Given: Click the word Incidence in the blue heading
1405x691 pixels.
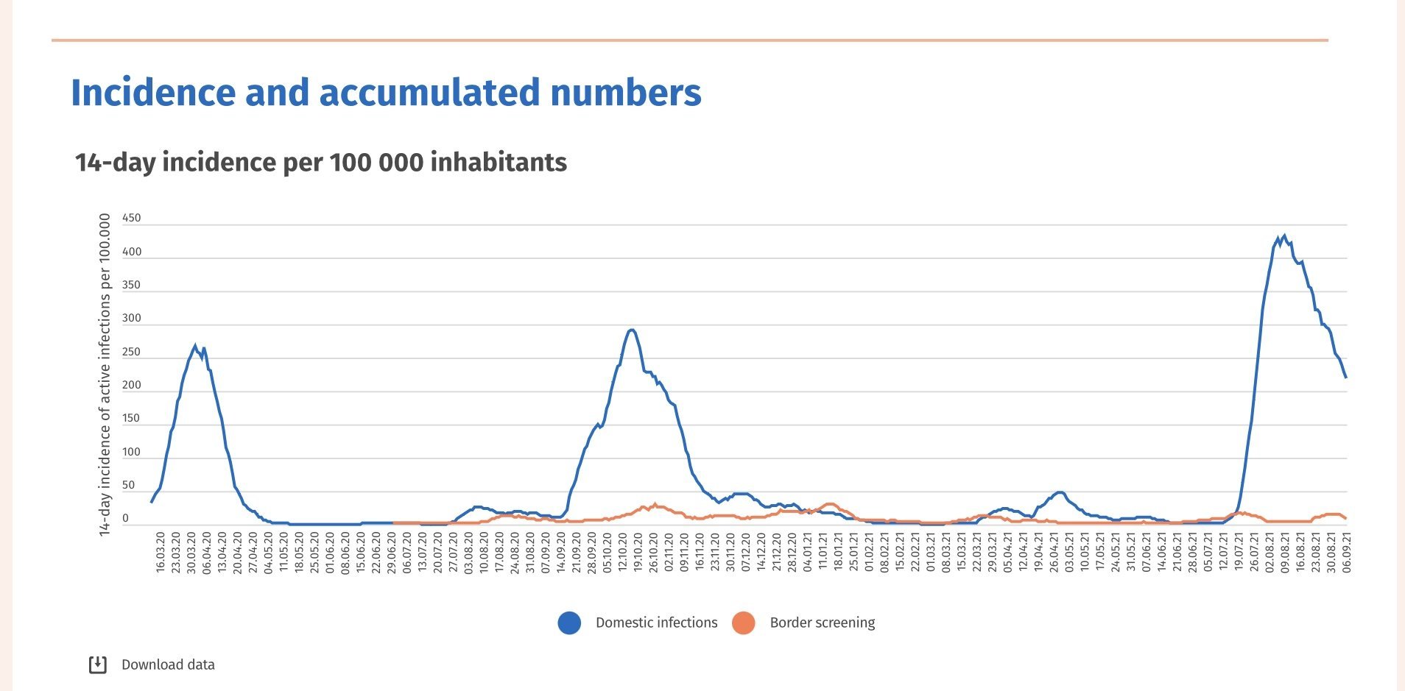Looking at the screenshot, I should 152,93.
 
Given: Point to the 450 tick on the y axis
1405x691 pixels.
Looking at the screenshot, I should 131,218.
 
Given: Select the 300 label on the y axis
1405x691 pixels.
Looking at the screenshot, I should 131,319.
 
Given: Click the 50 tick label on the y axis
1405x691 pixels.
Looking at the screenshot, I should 128,485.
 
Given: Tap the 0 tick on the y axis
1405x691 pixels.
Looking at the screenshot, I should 125,519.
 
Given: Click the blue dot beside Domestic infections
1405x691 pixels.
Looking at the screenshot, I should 569,623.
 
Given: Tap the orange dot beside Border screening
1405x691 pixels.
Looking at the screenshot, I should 744,623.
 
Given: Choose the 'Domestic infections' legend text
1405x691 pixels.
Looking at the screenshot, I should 656,623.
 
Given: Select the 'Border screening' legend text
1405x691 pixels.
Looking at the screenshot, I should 823,623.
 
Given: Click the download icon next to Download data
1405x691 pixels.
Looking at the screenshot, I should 98,665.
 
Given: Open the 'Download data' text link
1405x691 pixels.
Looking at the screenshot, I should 168,665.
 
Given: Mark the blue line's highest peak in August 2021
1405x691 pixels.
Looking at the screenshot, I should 1284,236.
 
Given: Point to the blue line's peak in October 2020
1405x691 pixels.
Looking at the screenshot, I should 631,330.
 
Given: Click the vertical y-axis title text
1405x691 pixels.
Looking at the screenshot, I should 105,375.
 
